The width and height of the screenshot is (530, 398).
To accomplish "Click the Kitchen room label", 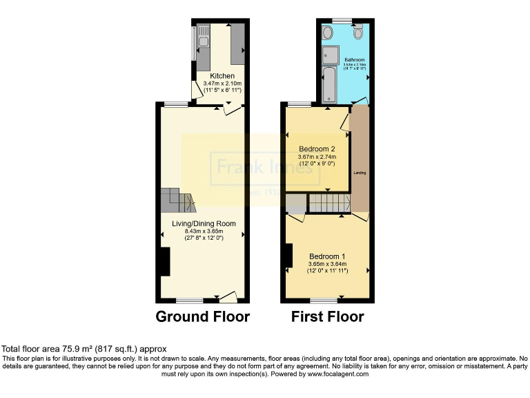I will [x=218, y=76].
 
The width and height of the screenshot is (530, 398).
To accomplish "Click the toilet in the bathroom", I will [x=357, y=32].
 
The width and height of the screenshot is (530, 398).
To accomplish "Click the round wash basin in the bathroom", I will [x=326, y=32].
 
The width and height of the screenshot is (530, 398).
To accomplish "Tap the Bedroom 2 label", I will [x=317, y=149].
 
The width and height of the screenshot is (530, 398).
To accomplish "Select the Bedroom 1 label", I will [x=327, y=256].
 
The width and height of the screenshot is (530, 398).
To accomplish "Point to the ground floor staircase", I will [x=179, y=201].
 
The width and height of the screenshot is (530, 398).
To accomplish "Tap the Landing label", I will [x=360, y=173].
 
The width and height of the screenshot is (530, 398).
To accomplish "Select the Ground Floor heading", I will [x=202, y=317].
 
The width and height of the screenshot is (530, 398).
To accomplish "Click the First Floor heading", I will [x=327, y=317].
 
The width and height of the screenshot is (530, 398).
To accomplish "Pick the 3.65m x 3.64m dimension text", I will [x=327, y=263].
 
